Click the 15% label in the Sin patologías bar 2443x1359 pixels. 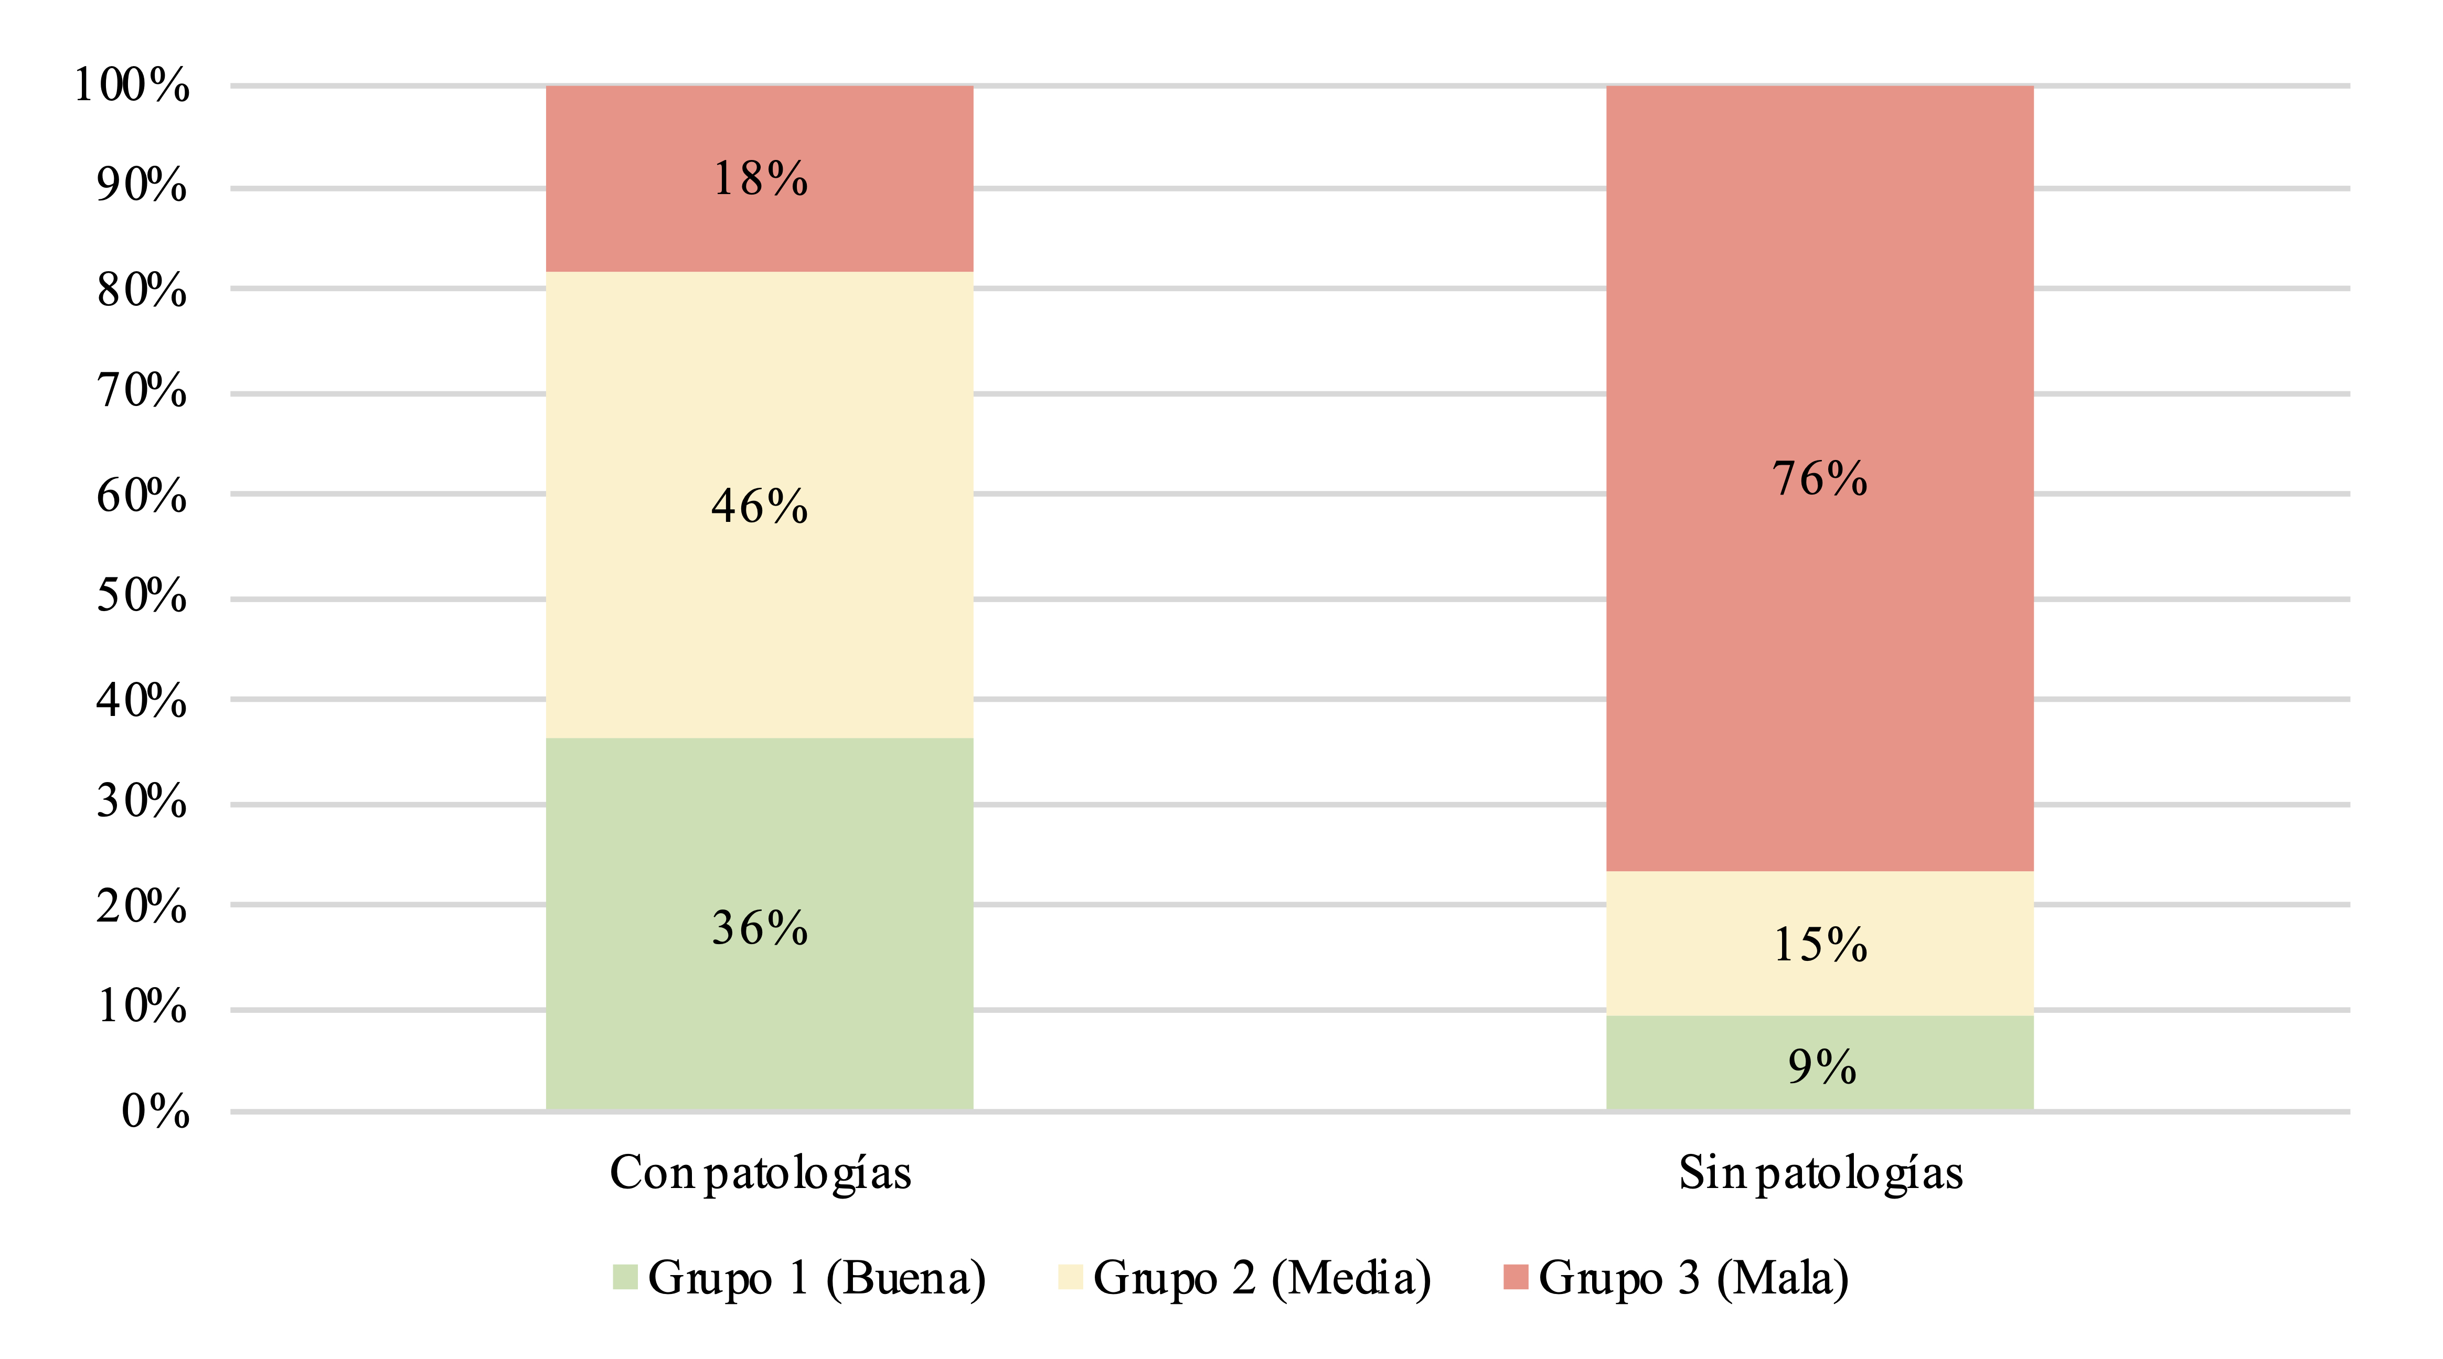(x=1819, y=945)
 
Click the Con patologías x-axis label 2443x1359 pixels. (x=760, y=1173)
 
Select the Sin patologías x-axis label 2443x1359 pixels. (x=1819, y=1173)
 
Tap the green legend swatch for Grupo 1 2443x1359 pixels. (x=624, y=1277)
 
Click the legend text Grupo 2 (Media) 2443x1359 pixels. (x=1261, y=1278)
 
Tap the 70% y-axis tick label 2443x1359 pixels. (x=141, y=391)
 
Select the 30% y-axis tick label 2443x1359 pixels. (x=141, y=802)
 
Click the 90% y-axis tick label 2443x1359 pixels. (x=141, y=185)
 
